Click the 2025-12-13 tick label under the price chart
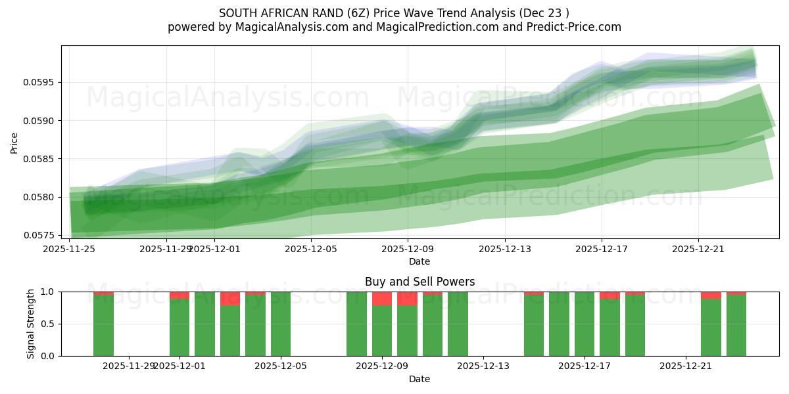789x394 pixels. [x=505, y=250]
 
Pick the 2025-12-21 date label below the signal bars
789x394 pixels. [x=686, y=366]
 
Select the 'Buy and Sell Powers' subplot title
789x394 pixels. [x=419, y=282]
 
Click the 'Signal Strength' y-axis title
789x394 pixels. [x=31, y=324]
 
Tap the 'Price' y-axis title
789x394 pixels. [x=14, y=142]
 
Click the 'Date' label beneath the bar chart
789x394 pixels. [x=419, y=379]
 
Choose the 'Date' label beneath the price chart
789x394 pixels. [x=419, y=261]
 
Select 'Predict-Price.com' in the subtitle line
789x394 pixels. [x=571, y=27]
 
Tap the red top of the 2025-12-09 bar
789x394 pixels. [x=382, y=299]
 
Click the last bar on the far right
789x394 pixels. [x=736, y=325]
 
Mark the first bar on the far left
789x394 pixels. [x=103, y=325]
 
